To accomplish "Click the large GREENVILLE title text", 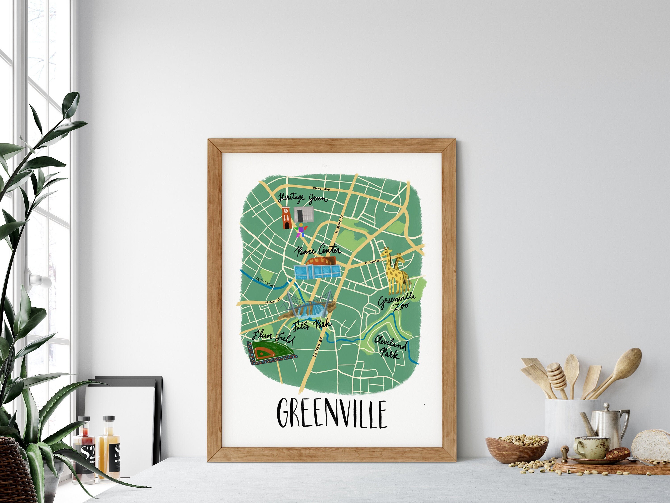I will click(x=332, y=414).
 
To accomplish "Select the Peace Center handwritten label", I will click(x=318, y=250).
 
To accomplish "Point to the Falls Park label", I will click(x=312, y=325).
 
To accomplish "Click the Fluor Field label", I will click(x=273, y=337).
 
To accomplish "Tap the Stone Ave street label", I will click(x=321, y=189).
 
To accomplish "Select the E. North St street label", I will click(x=374, y=262).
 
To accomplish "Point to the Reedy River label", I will click(x=266, y=282).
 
